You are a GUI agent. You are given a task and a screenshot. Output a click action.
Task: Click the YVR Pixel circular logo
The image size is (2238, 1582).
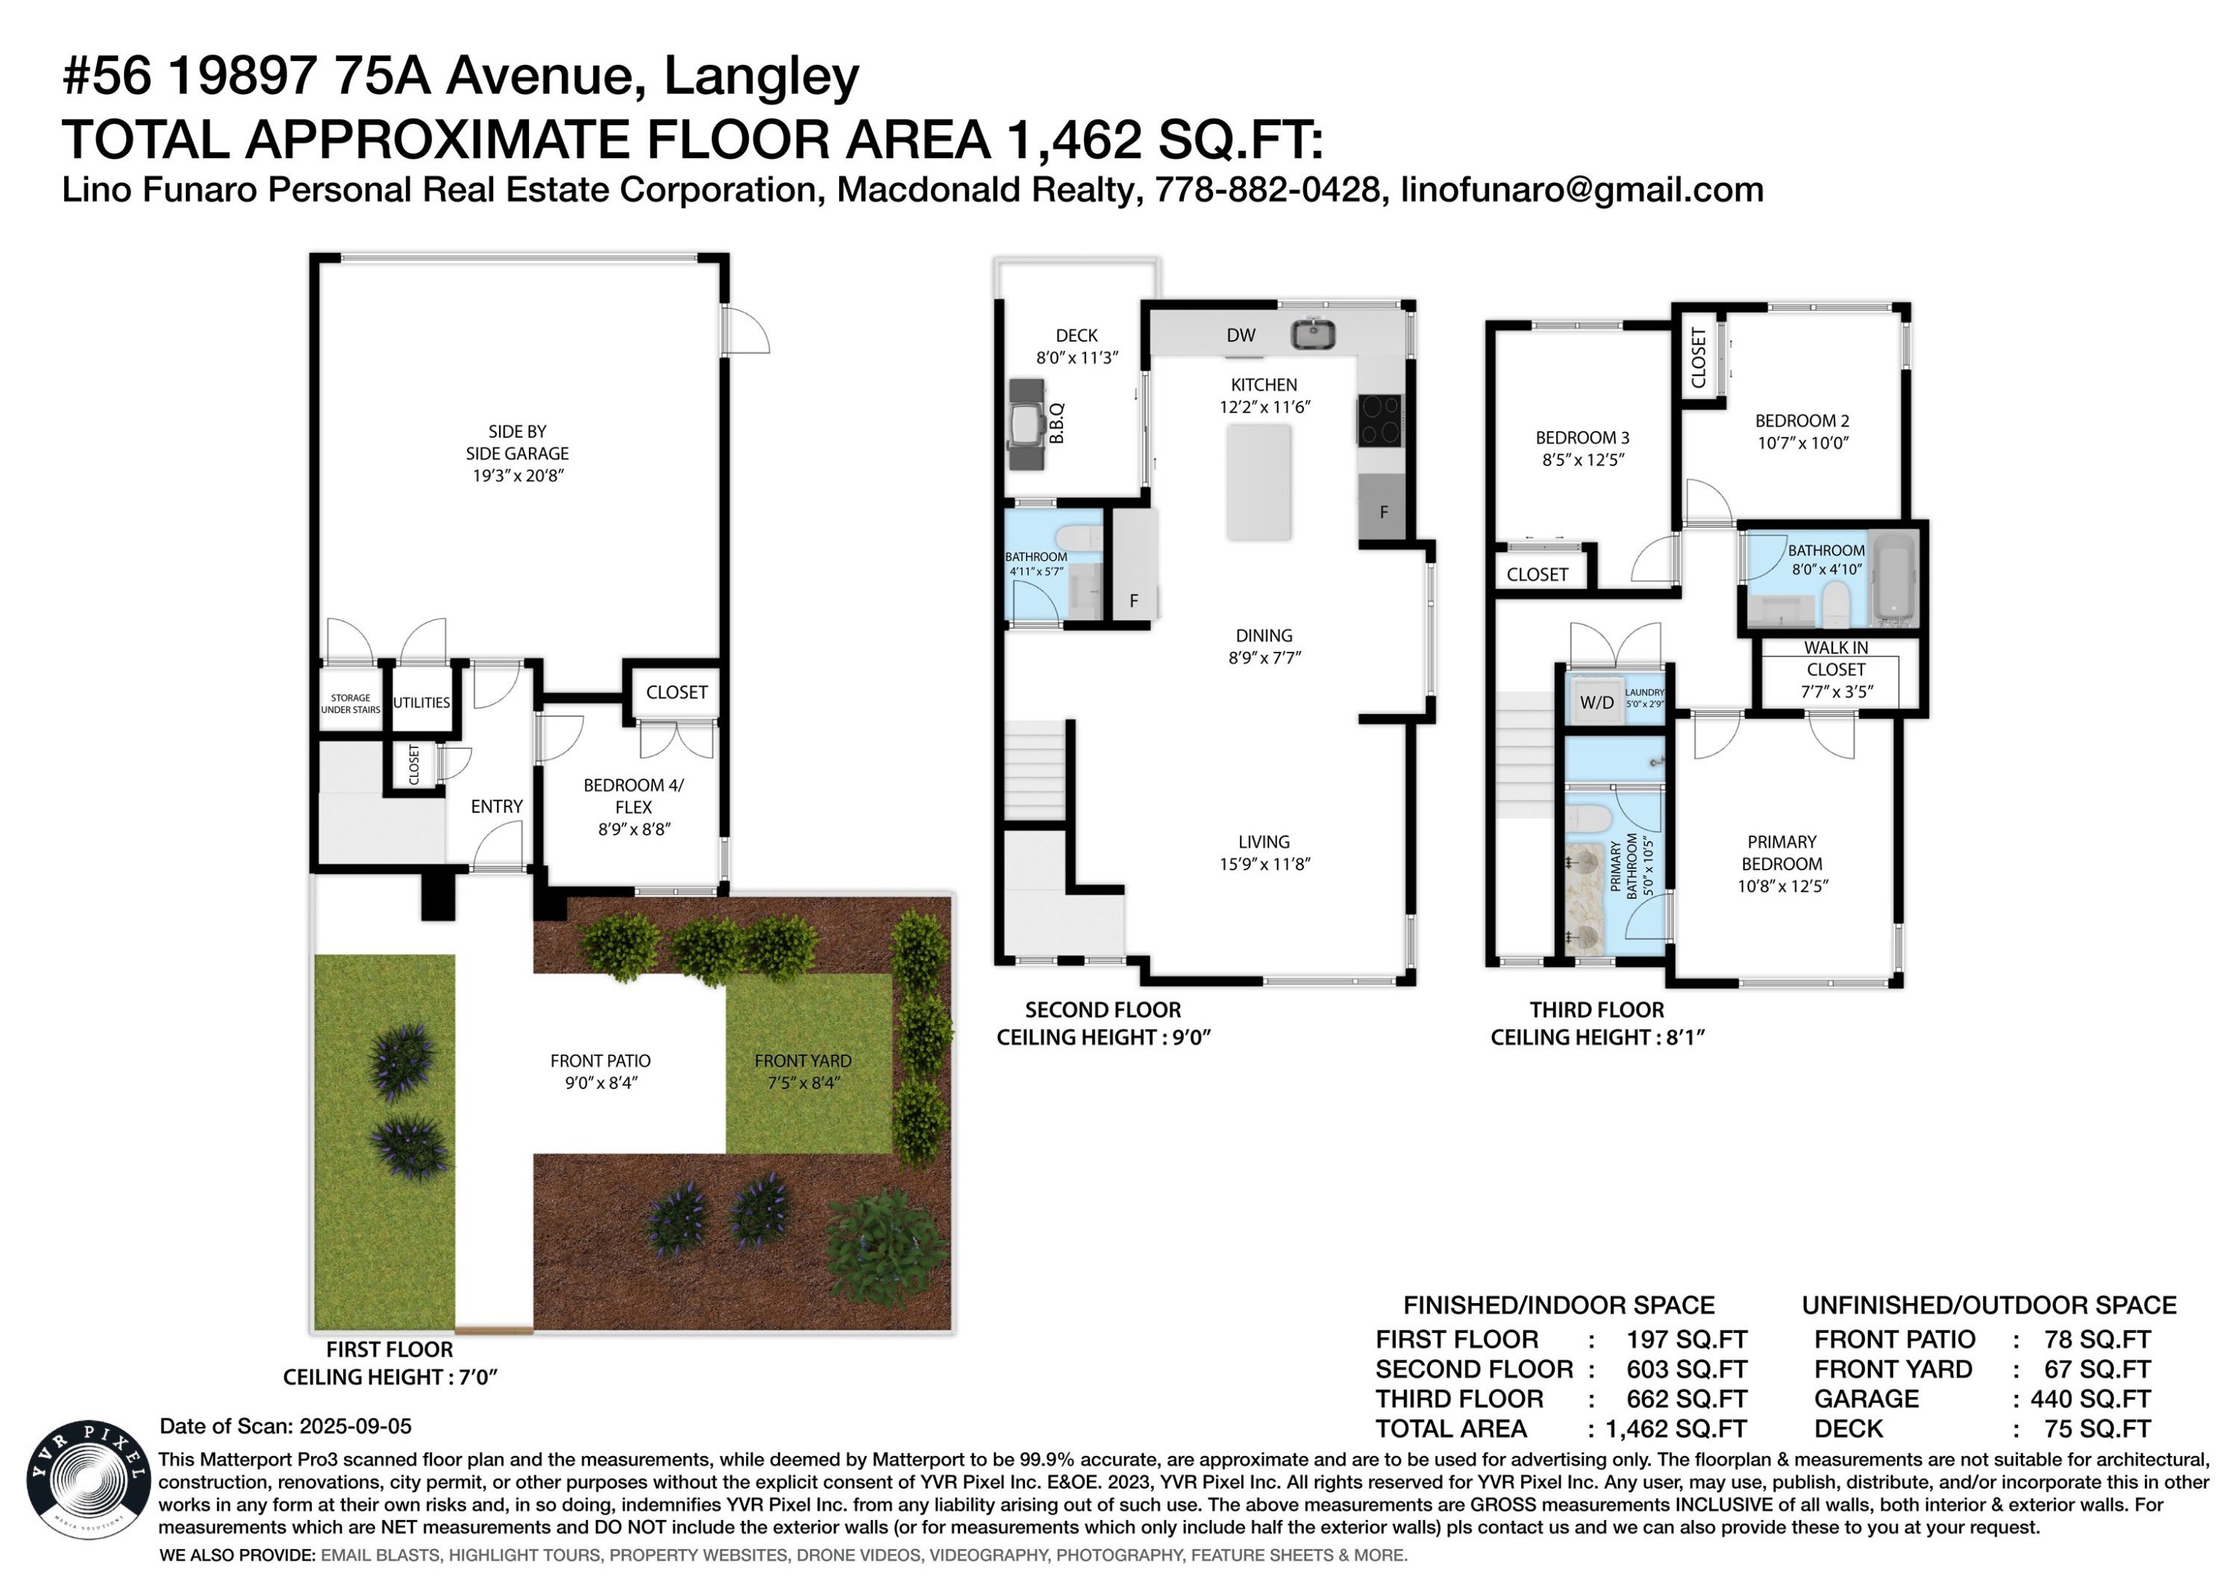pos(89,1478)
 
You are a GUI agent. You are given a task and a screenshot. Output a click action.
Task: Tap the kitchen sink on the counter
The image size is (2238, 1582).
pos(1313,334)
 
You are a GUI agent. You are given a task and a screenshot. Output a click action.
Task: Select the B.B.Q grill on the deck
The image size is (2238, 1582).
pos(1026,425)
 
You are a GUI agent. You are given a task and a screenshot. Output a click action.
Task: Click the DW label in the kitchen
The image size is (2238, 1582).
pos(1241,336)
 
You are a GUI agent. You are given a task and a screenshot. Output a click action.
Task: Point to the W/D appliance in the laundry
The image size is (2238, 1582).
pos(1596,702)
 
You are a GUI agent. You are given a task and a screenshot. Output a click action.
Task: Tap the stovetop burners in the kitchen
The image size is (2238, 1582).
pos(1380,420)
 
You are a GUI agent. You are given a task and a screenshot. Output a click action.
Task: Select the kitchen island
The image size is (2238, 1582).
pos(1259,482)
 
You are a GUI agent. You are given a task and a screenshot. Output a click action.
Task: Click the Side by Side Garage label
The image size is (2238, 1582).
pos(518,453)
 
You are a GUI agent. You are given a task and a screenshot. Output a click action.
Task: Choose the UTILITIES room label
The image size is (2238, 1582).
pos(421,703)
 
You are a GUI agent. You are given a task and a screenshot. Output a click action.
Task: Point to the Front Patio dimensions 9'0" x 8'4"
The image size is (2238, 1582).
pos(601,1083)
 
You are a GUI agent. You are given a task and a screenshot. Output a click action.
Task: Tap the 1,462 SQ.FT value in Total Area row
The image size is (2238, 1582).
pos(1676,1429)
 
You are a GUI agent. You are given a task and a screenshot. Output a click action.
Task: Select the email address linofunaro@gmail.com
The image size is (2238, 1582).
pos(1582,189)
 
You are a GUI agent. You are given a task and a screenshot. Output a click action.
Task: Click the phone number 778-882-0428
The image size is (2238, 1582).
pos(1267,189)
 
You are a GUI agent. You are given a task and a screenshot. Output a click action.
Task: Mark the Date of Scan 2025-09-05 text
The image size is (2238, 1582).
pos(286,1426)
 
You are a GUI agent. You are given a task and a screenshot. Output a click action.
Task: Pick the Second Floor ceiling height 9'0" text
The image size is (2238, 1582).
pos(1103,1037)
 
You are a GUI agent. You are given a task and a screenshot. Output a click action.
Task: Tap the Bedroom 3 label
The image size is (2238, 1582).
pos(1582,448)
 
